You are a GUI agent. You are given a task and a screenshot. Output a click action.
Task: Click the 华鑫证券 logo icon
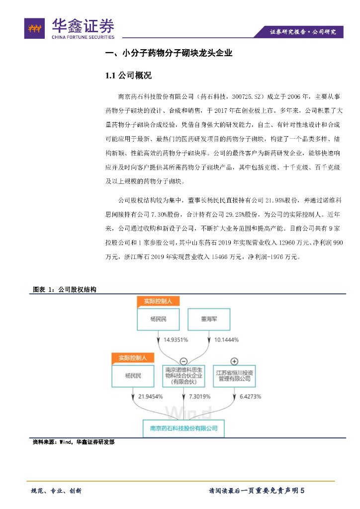tap(34, 28)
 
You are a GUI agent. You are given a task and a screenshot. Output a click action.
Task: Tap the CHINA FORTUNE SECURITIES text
tap(83, 37)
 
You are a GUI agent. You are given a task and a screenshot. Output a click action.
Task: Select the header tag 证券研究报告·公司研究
tap(302, 32)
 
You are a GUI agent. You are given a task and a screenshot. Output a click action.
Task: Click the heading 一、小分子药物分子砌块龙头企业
tap(169, 54)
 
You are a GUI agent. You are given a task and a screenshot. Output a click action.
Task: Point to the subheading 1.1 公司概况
tap(128, 76)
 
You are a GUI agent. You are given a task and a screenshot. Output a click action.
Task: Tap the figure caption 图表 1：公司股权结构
tap(64, 289)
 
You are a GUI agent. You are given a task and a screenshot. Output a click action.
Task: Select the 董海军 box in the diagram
tap(208, 319)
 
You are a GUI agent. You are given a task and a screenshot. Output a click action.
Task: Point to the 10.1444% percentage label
tap(226, 340)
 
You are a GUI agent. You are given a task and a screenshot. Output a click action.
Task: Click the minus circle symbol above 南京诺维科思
tap(183, 361)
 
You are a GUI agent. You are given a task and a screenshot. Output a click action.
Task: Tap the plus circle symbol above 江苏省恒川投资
tap(234, 361)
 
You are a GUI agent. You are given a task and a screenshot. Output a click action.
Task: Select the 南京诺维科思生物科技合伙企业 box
tap(183, 376)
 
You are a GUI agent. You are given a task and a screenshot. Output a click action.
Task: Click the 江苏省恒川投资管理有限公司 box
tap(234, 376)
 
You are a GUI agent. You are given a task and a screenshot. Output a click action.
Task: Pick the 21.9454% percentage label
tap(150, 397)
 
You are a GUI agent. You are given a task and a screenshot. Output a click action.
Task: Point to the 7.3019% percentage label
tap(199, 397)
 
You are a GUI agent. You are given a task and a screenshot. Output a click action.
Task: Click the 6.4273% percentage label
tap(250, 397)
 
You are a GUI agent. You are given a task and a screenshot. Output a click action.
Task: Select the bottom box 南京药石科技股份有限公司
tap(183, 427)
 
